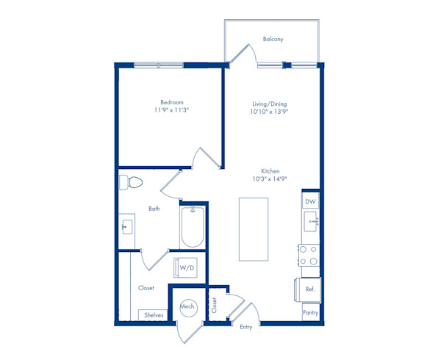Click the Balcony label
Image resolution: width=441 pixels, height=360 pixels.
(x=273, y=39)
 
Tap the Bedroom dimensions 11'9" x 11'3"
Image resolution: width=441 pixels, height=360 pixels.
(x=171, y=110)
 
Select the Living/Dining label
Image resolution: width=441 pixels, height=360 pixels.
(x=270, y=104)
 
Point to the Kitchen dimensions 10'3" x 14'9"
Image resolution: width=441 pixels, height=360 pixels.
(x=270, y=179)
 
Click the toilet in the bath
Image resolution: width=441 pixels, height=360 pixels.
(x=131, y=182)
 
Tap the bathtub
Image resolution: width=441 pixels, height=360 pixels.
(x=193, y=227)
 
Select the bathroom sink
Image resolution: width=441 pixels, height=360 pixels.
(x=127, y=227)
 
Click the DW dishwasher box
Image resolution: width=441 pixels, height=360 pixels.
(x=310, y=201)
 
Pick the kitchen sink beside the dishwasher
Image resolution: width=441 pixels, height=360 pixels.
(x=311, y=221)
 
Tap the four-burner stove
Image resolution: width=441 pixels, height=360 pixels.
(x=309, y=256)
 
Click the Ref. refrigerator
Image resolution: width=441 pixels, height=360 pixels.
(x=308, y=289)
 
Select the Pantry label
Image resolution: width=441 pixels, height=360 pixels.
(x=310, y=312)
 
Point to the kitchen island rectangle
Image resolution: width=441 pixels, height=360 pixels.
(x=254, y=229)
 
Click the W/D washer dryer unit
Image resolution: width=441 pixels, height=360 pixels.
(x=185, y=267)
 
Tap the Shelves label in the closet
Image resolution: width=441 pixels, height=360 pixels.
(x=154, y=315)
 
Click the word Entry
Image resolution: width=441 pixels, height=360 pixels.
(x=245, y=327)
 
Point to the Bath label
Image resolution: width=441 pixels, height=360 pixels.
(x=154, y=209)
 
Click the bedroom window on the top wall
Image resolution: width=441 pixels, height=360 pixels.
(x=159, y=65)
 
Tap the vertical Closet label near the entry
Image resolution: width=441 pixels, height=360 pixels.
(x=215, y=305)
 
